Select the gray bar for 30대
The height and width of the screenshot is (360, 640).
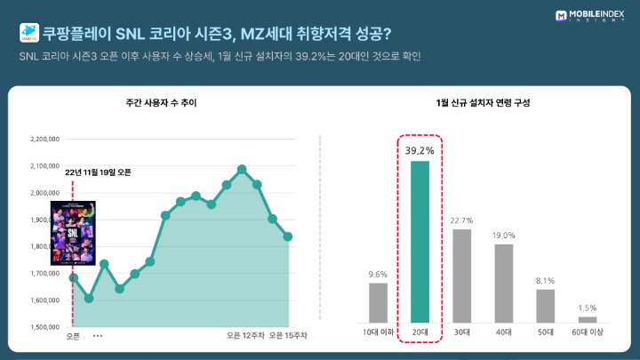(460, 276)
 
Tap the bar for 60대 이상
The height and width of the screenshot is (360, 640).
(588, 319)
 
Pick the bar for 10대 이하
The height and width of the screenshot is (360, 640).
(378, 302)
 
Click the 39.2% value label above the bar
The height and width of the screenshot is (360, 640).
(420, 150)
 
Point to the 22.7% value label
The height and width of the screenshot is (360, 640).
(460, 220)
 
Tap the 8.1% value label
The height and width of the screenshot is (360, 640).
(545, 280)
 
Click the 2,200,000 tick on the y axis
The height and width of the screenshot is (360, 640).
(44, 139)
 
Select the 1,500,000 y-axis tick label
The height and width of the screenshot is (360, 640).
(44, 327)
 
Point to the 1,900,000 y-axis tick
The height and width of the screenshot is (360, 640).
(44, 220)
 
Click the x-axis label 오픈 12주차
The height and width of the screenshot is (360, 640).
(245, 336)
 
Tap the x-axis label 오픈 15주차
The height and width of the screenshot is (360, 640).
(288, 336)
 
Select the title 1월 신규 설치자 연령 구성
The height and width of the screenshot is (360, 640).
(484, 104)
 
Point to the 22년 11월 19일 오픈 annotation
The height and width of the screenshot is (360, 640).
(99, 172)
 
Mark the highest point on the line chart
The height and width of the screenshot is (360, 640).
(242, 168)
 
